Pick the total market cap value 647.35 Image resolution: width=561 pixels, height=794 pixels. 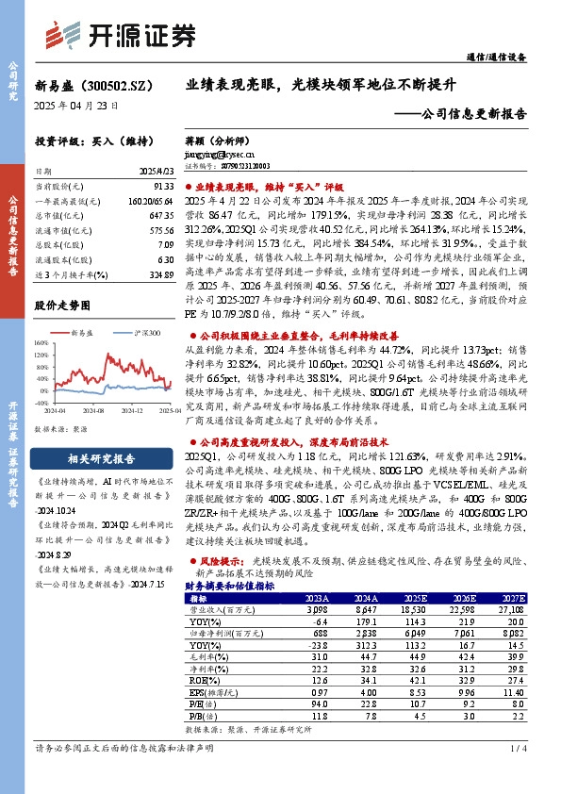[161, 215]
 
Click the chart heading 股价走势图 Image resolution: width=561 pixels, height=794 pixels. [62, 306]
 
